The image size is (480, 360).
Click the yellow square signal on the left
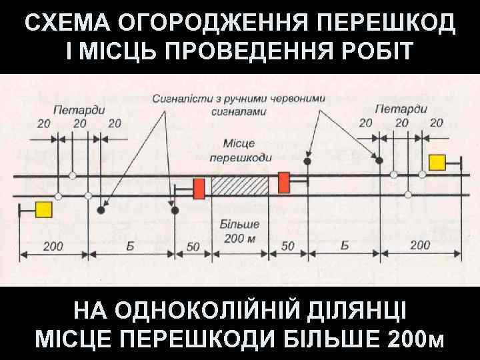[43, 209]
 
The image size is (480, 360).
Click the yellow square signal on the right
[437, 162]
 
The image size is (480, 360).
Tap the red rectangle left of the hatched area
[199, 188]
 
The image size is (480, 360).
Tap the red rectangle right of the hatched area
[284, 181]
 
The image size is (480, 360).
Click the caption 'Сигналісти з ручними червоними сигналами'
[239, 104]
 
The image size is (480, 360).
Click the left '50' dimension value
[193, 246]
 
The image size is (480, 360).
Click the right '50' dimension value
[288, 246]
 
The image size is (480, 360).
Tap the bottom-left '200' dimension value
[53, 246]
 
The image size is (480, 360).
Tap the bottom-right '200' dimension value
[420, 246]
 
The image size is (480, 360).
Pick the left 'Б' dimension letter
[131, 246]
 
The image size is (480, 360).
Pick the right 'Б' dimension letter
[345, 246]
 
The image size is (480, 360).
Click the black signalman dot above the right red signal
[307, 161]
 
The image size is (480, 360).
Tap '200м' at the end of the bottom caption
[414, 340]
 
